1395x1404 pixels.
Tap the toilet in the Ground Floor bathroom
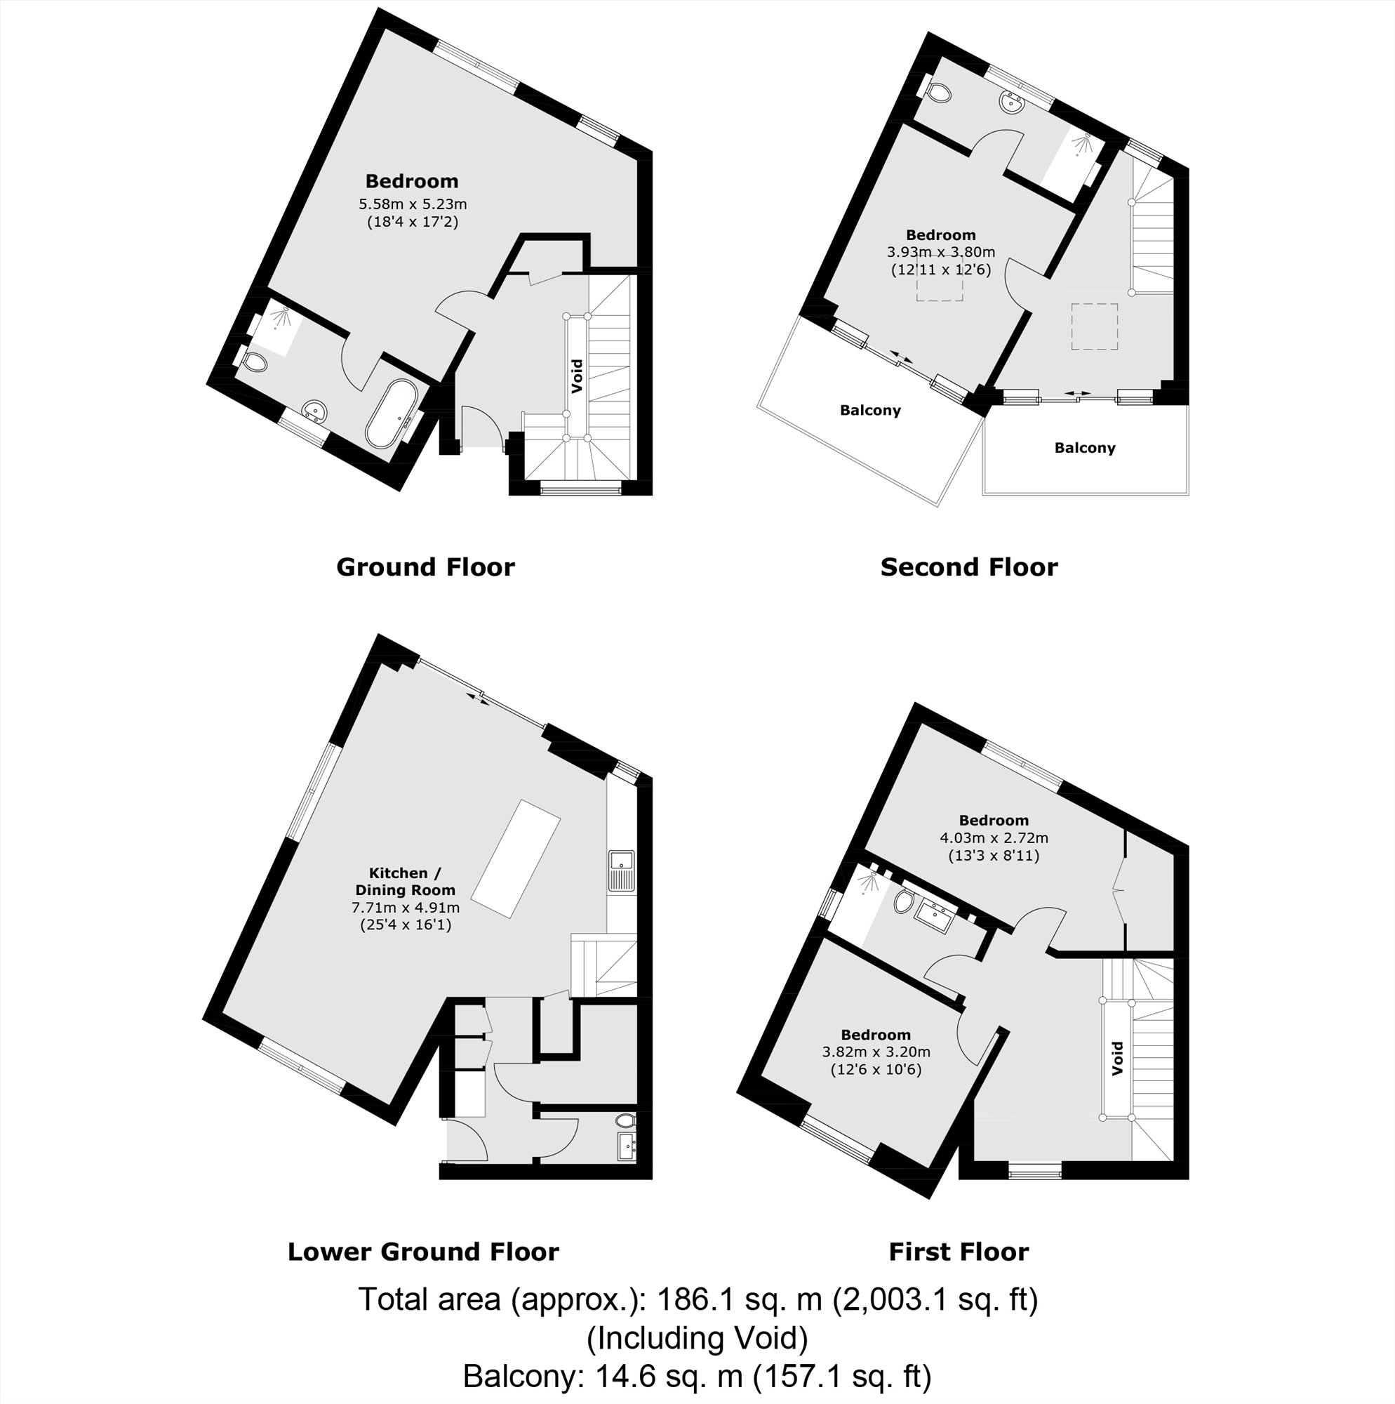point(255,361)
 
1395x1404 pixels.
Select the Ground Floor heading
point(425,567)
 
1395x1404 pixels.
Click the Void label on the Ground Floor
point(577,376)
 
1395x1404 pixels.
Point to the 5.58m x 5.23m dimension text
point(412,204)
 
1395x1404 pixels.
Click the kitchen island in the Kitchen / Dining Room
point(516,859)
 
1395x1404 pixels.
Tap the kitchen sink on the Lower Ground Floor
point(622,870)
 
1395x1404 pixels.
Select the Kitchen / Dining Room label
point(405,881)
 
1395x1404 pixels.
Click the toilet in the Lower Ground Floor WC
point(627,1120)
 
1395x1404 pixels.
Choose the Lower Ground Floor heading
point(423,1252)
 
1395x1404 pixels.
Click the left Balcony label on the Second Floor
point(869,411)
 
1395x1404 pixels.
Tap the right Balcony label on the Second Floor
point(1084,448)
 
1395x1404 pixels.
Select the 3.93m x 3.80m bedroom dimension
point(940,253)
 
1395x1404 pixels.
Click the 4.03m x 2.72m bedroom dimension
point(993,838)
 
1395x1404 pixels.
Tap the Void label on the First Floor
point(1117,1058)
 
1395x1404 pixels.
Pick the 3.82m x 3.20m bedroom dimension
point(876,1052)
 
